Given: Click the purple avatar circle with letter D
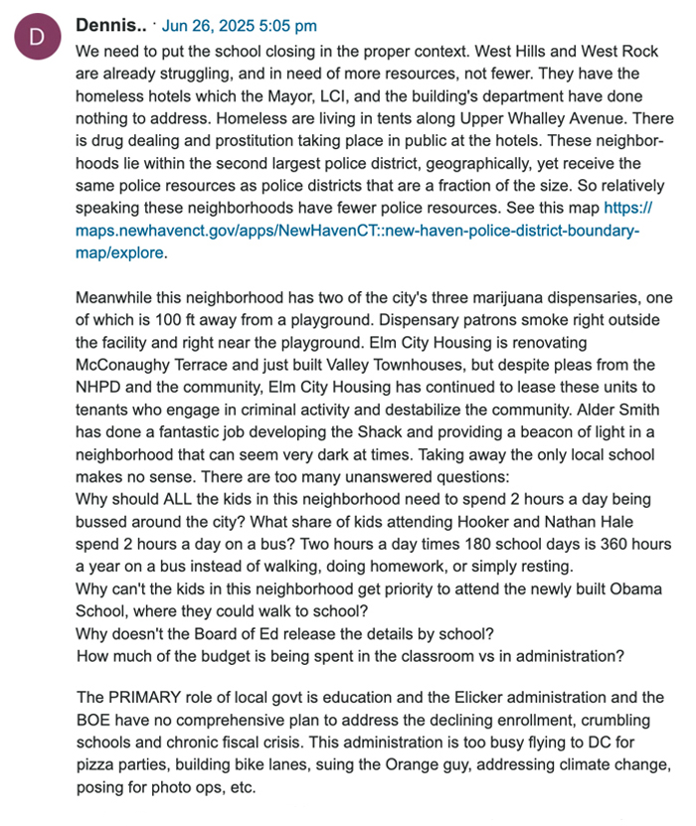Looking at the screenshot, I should pos(37,37).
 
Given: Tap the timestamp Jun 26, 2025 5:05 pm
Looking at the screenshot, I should pos(239,26).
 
